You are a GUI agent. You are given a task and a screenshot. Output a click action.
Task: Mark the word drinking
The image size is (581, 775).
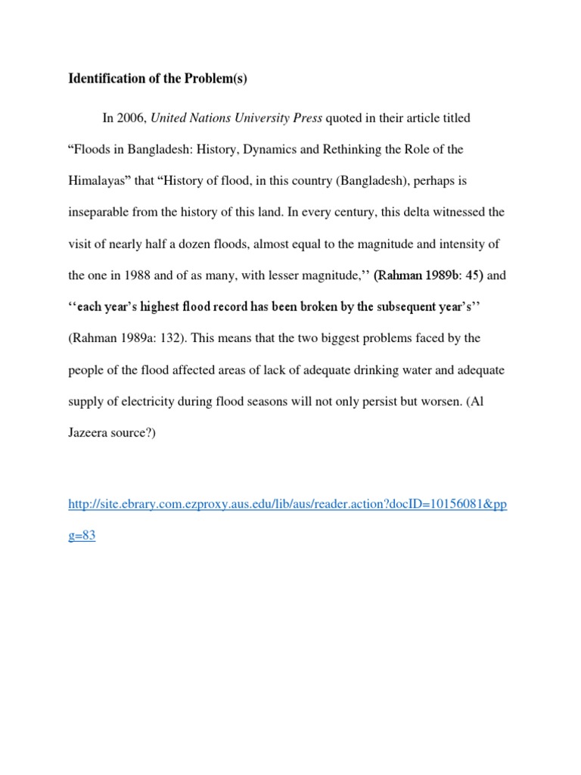pyautogui.click(x=378, y=370)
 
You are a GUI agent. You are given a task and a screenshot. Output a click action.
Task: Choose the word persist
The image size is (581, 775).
pyautogui.click(x=374, y=401)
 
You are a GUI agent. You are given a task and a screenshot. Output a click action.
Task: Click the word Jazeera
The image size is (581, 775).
pyautogui.click(x=92, y=433)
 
